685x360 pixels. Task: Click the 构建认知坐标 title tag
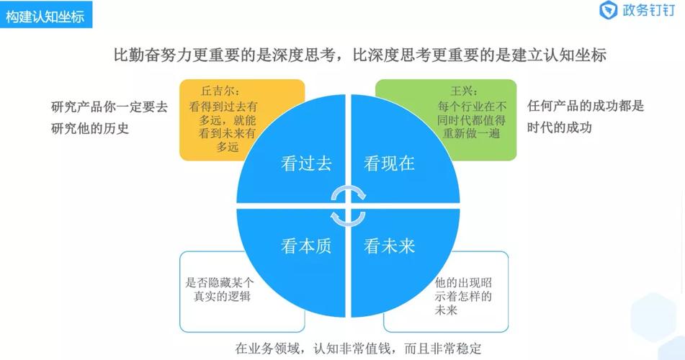pyautogui.click(x=45, y=16)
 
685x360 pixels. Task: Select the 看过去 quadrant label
pyautogui.click(x=306, y=163)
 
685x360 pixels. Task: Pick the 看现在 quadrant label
pyautogui.click(x=389, y=163)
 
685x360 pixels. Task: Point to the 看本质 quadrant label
pyautogui.click(x=306, y=246)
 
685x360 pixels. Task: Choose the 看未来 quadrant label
pyautogui.click(x=389, y=246)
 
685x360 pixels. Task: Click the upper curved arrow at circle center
pyautogui.click(x=348, y=191)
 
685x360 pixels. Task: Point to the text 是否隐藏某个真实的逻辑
pyautogui.click(x=219, y=289)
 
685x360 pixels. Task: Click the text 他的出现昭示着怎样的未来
pyautogui.click(x=463, y=296)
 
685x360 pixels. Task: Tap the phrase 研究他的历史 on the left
pyautogui.click(x=90, y=128)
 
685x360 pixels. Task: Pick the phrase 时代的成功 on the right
pyautogui.click(x=560, y=127)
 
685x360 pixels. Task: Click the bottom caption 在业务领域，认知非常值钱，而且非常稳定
pyautogui.click(x=358, y=348)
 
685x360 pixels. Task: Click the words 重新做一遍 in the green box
pyautogui.click(x=471, y=133)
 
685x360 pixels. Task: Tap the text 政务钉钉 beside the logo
pyautogui.click(x=649, y=10)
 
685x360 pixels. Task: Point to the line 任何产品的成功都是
pyautogui.click(x=586, y=106)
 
